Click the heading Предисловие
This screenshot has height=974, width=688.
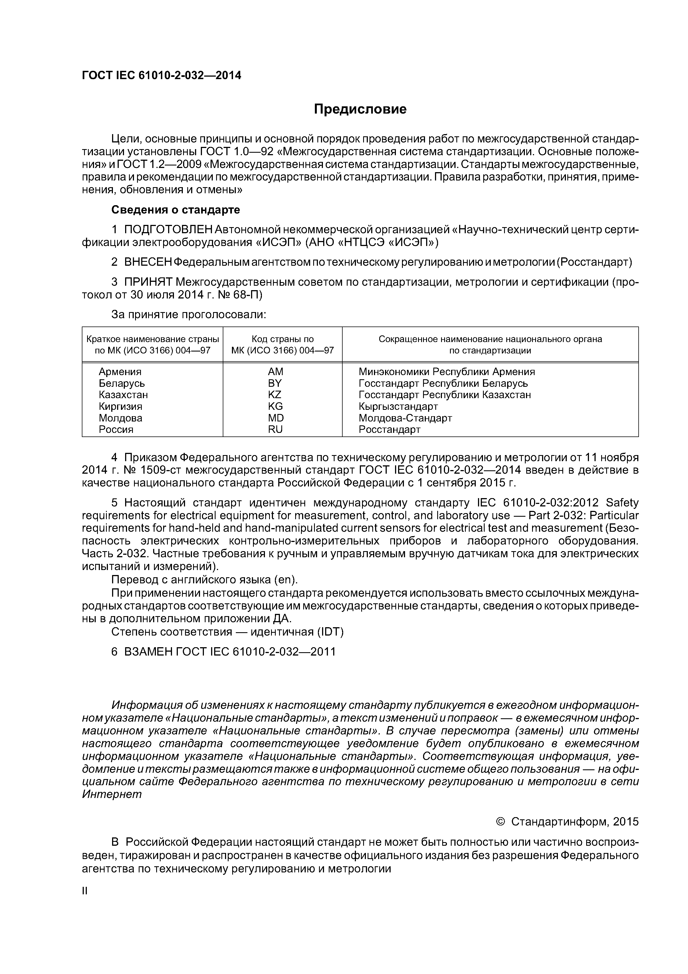pyautogui.click(x=360, y=109)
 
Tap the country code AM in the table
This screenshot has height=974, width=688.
pyautogui.click(x=275, y=371)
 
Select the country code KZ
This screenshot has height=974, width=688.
pyautogui.click(x=275, y=395)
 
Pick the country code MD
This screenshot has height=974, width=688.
pyautogui.click(x=275, y=418)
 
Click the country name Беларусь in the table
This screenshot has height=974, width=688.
pyautogui.click(x=122, y=383)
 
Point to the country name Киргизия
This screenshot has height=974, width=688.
pyautogui.click(x=120, y=406)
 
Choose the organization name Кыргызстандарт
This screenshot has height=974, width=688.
pyautogui.click(x=398, y=406)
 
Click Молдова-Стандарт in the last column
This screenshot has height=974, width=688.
pyautogui.click(x=405, y=418)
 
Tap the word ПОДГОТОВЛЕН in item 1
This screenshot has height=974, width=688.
pyautogui.click(x=168, y=230)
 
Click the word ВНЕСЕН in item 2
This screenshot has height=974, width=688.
pyautogui.click(x=148, y=262)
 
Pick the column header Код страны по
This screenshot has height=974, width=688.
pyautogui.click(x=282, y=339)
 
